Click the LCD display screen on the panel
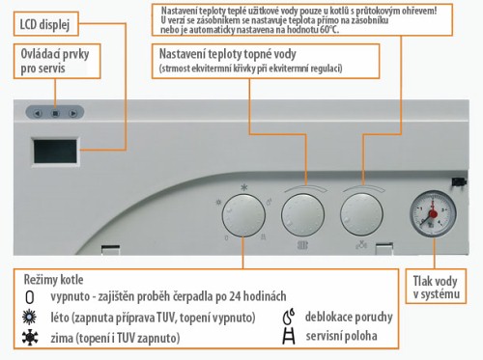55,152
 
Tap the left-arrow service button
38,113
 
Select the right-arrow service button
73,113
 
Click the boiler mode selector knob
243,215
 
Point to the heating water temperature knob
302,215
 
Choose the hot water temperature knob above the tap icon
361,214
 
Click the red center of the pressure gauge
433,213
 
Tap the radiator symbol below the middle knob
302,245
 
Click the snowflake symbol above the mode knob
244,187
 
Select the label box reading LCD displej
46,24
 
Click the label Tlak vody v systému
436,287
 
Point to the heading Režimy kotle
53,279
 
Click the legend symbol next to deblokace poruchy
289,317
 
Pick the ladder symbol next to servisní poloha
289,336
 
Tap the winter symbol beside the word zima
30,338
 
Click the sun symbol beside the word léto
30,318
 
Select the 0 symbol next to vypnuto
30,297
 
